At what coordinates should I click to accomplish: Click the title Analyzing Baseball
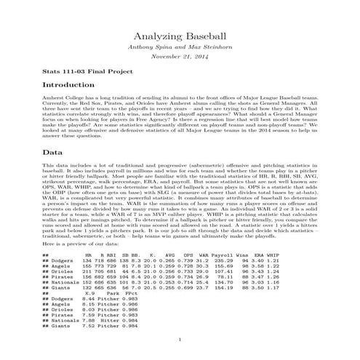180,37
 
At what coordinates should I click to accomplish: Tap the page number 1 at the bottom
180,338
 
